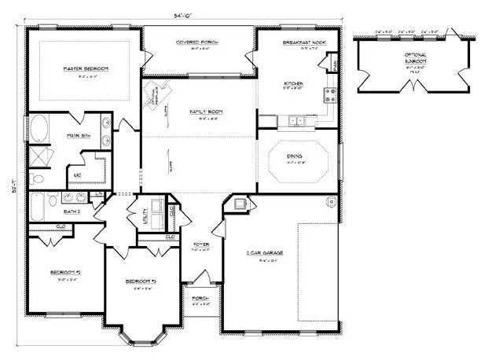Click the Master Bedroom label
tap(86, 69)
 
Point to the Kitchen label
tap(294, 83)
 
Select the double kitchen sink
tap(296, 121)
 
